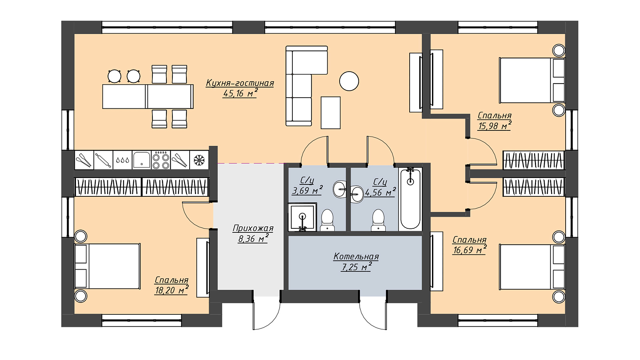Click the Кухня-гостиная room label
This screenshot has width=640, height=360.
[240, 83]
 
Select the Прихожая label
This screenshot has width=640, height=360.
[253, 228]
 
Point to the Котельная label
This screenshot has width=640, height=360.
[356, 256]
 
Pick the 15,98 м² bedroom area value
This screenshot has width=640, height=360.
[494, 126]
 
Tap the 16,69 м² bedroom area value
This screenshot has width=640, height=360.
[470, 250]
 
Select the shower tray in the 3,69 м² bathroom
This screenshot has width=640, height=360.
[302, 217]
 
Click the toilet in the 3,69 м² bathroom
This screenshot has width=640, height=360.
[327, 220]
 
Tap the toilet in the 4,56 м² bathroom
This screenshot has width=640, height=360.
[378, 220]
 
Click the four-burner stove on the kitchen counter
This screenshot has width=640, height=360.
[161, 160]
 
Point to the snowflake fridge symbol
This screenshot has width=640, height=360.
[199, 160]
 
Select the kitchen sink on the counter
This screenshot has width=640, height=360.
[142, 160]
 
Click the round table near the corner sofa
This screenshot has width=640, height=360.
[349, 81]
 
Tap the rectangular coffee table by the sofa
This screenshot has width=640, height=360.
[330, 112]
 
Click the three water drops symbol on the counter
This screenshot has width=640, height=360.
[122, 160]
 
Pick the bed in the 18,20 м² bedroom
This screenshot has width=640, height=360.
[108, 266]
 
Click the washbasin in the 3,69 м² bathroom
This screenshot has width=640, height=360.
[340, 189]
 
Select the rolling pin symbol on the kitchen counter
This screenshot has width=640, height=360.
[104, 160]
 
